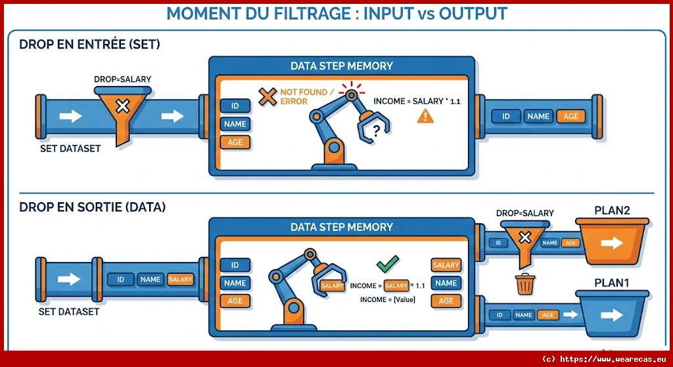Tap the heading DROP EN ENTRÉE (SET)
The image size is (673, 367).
pos(90,45)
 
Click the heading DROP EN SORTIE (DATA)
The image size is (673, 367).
pos(93,207)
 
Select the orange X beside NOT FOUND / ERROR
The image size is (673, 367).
pos(267,97)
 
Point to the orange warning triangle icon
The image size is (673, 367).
pos(425,116)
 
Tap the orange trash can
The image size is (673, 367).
pos(524,285)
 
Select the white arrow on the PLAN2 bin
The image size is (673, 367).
pos(611,243)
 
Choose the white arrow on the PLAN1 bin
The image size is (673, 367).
pos(611,315)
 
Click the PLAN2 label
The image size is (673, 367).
pos(612,211)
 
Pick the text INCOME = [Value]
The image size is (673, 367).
pos(386,299)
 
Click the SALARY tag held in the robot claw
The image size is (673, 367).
pos(332,286)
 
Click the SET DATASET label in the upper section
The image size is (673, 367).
pos(70,148)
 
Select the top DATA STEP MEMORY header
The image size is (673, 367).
pos(341,66)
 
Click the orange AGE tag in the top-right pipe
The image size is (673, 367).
pos(570,116)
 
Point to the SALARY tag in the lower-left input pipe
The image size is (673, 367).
pos(180,279)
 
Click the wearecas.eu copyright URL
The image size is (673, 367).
pos(603,358)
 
